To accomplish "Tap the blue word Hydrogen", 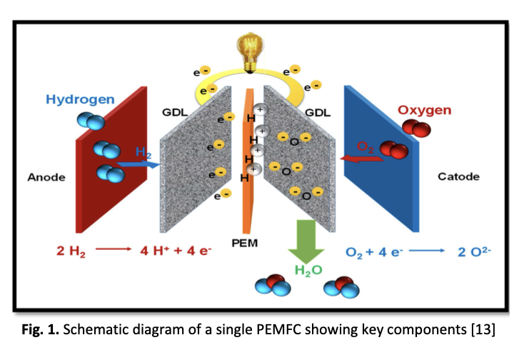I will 79,99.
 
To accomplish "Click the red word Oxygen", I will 424,109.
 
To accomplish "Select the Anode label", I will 46,177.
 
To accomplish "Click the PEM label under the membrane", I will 244,244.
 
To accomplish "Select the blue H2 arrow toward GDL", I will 138,164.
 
